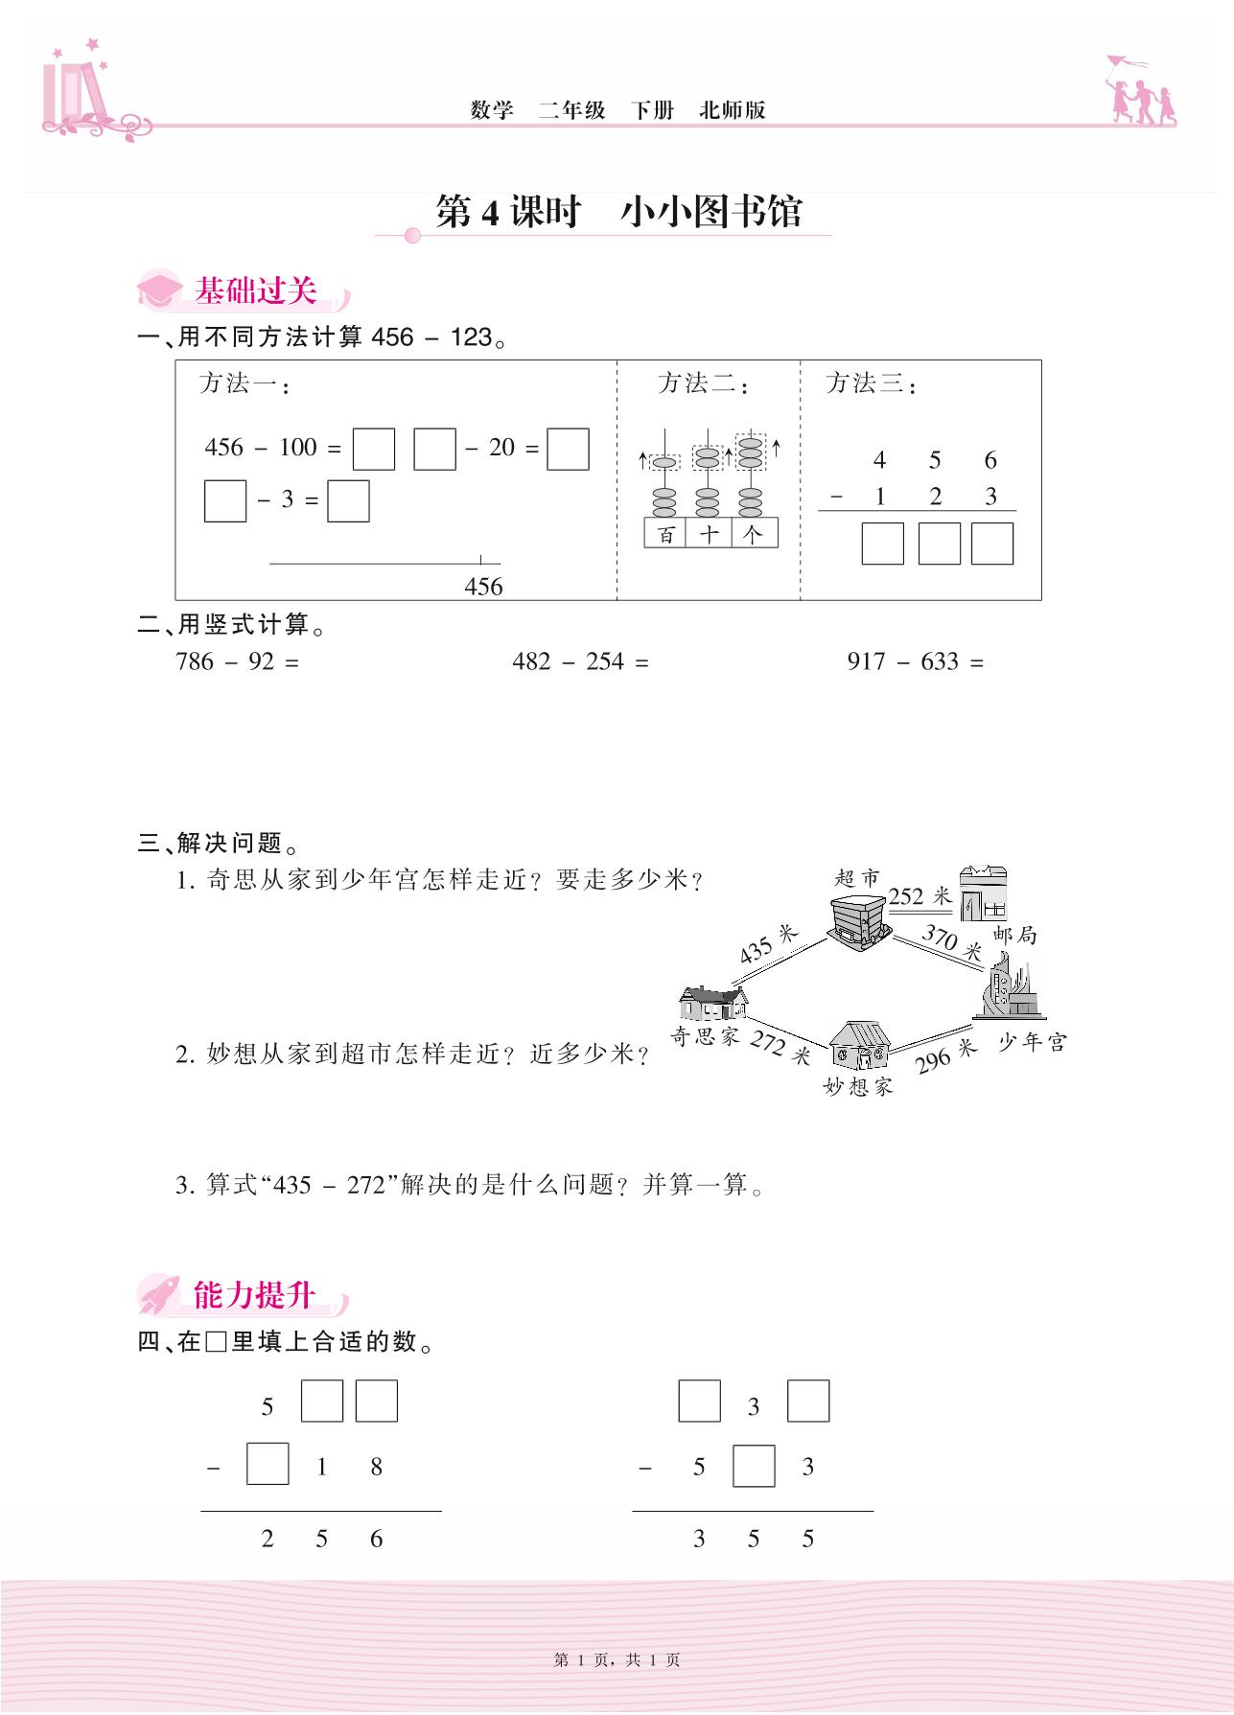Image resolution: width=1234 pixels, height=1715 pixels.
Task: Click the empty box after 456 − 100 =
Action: [374, 449]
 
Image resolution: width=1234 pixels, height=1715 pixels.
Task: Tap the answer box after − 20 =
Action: [568, 449]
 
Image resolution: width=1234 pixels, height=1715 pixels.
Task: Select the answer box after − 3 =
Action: [348, 500]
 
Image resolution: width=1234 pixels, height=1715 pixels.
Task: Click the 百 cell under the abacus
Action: [665, 533]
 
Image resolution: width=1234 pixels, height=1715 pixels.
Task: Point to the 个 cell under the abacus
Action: [755, 533]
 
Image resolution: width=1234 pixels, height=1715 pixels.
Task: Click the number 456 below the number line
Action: [483, 587]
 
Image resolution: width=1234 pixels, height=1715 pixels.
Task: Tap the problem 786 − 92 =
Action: [238, 661]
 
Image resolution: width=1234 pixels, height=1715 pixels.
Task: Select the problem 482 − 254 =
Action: [580, 661]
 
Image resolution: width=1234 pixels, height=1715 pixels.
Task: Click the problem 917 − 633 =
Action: [916, 661]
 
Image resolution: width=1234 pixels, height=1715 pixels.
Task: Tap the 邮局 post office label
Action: [1015, 935]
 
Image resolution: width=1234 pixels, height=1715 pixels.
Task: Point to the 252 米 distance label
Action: [920, 896]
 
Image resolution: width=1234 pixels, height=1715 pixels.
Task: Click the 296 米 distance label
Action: [945, 1055]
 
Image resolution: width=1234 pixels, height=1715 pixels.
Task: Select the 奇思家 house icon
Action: [713, 1004]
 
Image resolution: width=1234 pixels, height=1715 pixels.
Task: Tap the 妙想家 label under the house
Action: [857, 1085]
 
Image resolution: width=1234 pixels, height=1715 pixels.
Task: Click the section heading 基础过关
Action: [256, 290]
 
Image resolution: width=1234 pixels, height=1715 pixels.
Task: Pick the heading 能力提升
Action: [254, 1295]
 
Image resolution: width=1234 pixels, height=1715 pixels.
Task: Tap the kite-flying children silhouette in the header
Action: [1141, 90]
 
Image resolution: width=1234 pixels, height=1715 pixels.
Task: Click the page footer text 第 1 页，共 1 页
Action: [617, 1660]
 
